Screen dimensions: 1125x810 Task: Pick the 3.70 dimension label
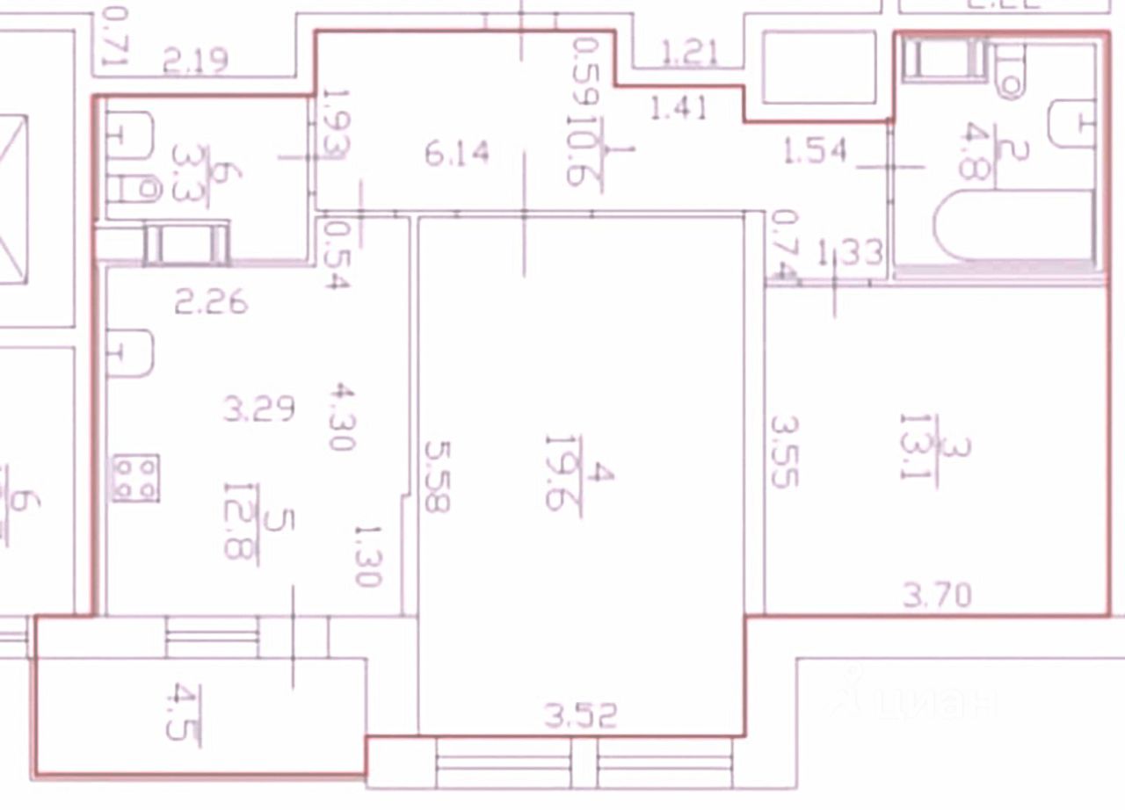pyautogui.click(x=938, y=597)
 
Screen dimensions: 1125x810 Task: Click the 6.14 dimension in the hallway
pyautogui.click(x=456, y=155)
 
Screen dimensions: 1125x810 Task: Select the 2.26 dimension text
pyautogui.click(x=211, y=304)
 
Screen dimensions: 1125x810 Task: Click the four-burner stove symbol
pyautogui.click(x=135, y=477)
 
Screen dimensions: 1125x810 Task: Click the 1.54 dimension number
pyautogui.click(x=815, y=150)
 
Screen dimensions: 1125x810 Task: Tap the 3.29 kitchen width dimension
pyautogui.click(x=258, y=409)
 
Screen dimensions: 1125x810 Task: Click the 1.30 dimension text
pyautogui.click(x=367, y=555)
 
